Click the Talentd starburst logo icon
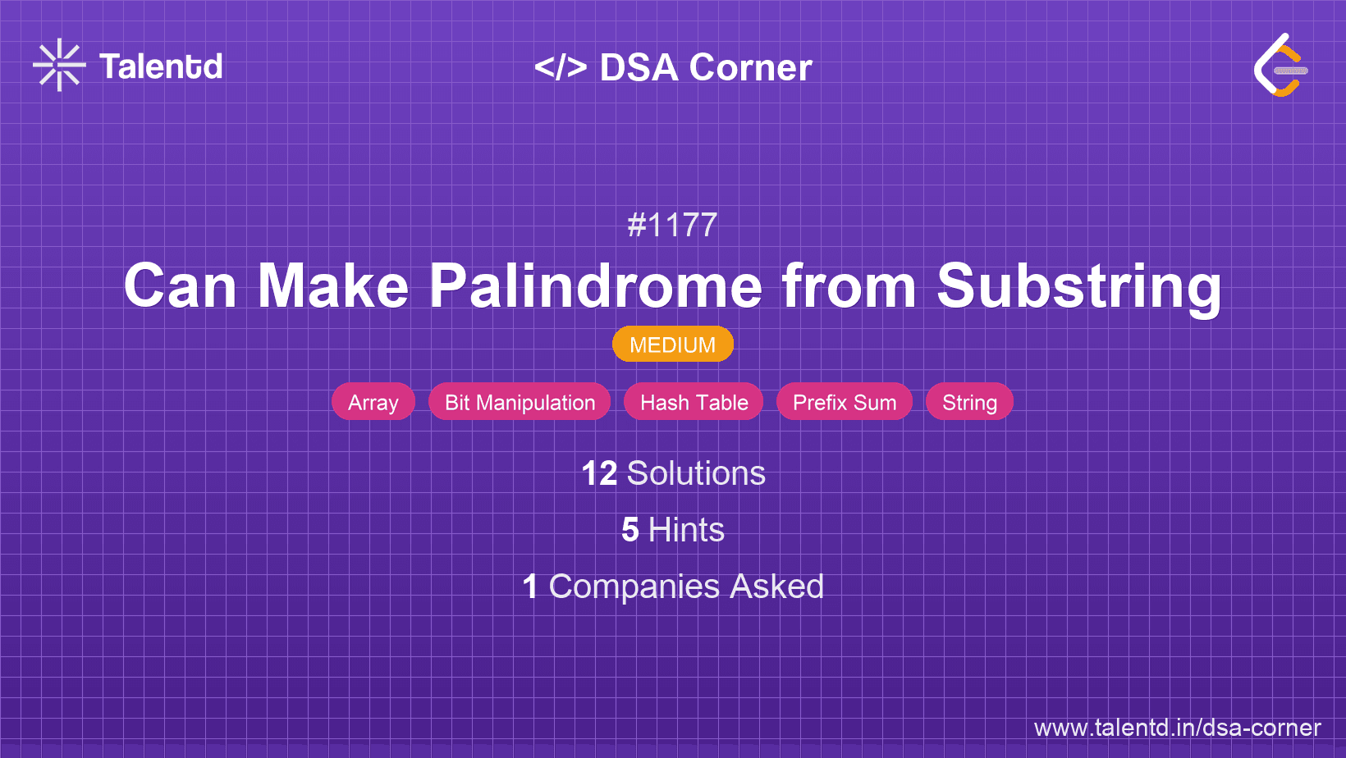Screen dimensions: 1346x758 coord(59,65)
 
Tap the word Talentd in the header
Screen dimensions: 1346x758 coord(161,66)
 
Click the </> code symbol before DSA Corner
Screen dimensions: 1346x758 coord(561,67)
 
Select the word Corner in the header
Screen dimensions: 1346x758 coord(750,67)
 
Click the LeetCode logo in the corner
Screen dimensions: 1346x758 coord(1280,65)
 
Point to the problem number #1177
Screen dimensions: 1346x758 coord(672,225)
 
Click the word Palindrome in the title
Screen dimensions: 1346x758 coord(596,285)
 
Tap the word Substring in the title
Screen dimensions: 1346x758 coord(1079,287)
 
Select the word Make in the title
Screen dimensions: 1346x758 coord(333,285)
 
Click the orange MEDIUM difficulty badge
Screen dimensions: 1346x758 coord(673,345)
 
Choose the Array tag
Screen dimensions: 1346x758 coord(373,402)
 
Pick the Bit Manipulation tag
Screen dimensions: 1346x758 coord(520,402)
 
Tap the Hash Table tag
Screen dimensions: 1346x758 coord(694,402)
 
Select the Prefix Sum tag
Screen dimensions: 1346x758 coord(845,402)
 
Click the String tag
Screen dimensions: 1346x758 coord(969,402)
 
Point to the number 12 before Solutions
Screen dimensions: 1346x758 coord(599,473)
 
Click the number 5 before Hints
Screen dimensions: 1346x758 coord(630,530)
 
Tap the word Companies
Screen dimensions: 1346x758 coord(634,587)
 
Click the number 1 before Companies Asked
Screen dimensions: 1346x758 coord(530,587)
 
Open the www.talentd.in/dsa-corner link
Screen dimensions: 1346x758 coord(1177,728)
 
